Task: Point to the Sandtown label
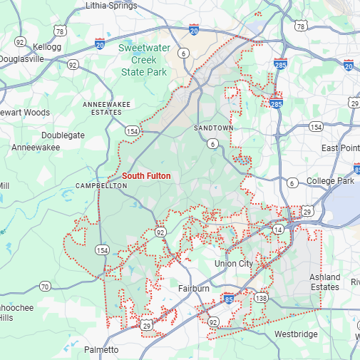[x=213, y=128]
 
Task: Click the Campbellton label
[x=101, y=185]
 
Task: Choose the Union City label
[x=234, y=264]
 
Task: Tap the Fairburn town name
[x=193, y=289]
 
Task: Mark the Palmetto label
[x=101, y=349]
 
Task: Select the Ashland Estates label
[x=324, y=282]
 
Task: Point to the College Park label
[x=330, y=181]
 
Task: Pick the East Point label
[x=339, y=148]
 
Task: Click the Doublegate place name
[x=63, y=135]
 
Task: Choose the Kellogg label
[x=48, y=47]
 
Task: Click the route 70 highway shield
[x=45, y=287]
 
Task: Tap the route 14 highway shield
[x=278, y=229]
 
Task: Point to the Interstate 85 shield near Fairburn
[x=228, y=297]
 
